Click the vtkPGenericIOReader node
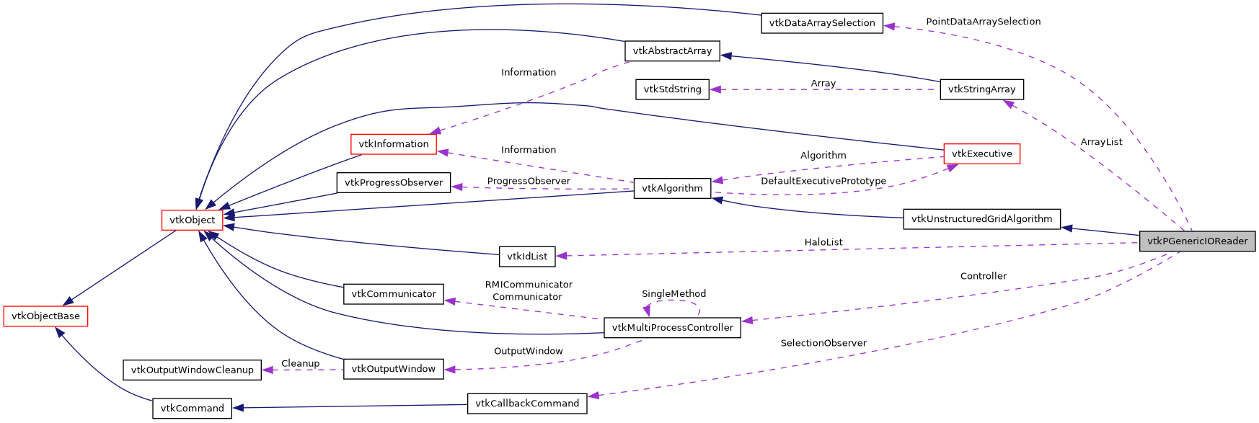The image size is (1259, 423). (x=1197, y=241)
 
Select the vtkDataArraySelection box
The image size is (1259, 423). (x=821, y=23)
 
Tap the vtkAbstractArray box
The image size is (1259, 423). (x=671, y=51)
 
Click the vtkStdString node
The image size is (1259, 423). (x=672, y=89)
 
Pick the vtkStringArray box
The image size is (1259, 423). (x=981, y=89)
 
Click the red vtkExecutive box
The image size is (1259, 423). (x=981, y=153)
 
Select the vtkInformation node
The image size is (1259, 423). (x=393, y=144)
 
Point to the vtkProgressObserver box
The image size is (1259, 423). (x=393, y=182)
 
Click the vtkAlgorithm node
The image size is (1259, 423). (x=672, y=188)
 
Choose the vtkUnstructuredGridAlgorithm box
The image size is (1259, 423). (x=981, y=219)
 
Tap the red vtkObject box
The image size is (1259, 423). (x=192, y=220)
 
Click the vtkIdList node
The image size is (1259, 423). (x=527, y=256)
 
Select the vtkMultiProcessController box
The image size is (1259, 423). (x=672, y=327)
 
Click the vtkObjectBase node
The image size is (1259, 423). (x=45, y=316)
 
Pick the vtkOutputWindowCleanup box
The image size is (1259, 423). (x=192, y=370)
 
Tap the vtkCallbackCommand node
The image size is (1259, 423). (x=527, y=404)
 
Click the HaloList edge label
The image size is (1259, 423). (x=823, y=242)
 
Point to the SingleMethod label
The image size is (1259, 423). (x=673, y=293)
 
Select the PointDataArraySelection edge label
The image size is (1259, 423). (x=983, y=22)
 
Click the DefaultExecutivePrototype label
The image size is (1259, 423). (x=823, y=181)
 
